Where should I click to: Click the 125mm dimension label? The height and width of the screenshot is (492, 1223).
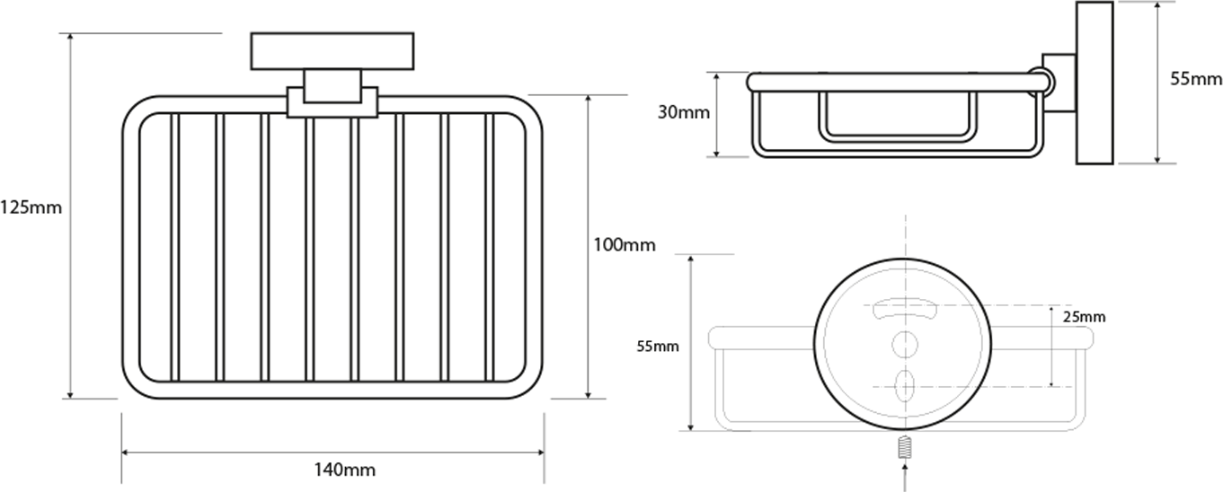(31, 207)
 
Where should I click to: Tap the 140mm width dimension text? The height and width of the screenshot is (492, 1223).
(344, 470)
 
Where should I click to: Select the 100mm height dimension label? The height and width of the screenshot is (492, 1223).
(625, 245)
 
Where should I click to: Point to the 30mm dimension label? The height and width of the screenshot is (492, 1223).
(684, 112)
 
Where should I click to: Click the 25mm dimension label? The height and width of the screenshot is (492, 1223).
(1085, 317)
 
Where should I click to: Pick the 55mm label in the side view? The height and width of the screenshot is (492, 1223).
(1196, 79)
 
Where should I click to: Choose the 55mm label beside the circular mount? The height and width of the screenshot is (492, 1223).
(658, 347)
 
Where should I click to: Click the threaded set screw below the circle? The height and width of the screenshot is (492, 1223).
(905, 446)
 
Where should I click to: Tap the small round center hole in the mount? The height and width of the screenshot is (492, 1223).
(905, 345)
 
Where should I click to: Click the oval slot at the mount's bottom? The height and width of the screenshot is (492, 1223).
(905, 386)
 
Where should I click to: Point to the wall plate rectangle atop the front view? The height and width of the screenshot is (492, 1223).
(332, 51)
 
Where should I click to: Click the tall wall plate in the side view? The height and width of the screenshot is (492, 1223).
(1094, 83)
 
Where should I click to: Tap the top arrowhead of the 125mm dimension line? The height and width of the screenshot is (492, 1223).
(70, 37)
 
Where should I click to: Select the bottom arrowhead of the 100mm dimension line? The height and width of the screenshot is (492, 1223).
(588, 394)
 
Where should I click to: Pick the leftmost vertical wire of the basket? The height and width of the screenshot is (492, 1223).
(174, 247)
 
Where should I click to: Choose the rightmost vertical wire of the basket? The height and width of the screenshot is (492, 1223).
(490, 247)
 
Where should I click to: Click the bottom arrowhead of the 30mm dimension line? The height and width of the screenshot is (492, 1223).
(716, 153)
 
